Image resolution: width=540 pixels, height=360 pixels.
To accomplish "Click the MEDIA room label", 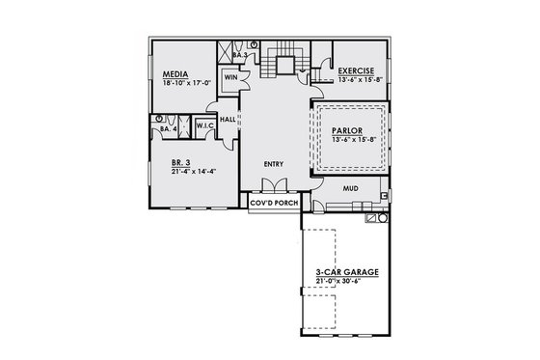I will click(175, 73).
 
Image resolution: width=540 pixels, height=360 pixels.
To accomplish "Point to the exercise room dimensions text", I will click(362, 79).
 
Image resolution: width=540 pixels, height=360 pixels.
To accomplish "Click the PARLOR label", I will click(346, 130).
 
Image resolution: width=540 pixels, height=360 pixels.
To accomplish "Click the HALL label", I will click(229, 119).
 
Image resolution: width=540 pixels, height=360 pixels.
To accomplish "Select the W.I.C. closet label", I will click(204, 125).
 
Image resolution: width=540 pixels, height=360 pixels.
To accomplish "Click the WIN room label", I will click(231, 75).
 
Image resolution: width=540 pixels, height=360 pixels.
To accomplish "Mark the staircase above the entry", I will click(284, 63).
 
